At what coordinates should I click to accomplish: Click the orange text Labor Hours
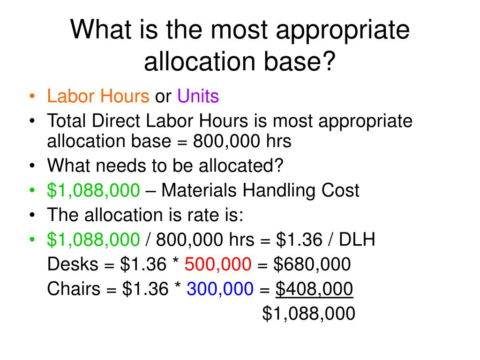click(97, 97)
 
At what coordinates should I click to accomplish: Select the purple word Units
click(198, 97)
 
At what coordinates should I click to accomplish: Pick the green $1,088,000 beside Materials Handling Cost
click(93, 190)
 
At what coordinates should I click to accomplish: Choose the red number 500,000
click(218, 265)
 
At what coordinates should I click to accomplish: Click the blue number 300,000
click(220, 290)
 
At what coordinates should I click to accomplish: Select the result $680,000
click(312, 265)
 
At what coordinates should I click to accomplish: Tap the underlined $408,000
click(314, 290)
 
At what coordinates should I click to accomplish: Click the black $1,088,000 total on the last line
click(308, 314)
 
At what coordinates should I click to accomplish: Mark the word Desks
click(71, 265)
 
